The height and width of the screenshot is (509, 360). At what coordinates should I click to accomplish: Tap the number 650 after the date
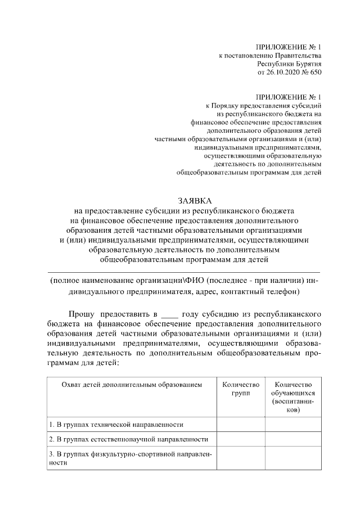point(316,73)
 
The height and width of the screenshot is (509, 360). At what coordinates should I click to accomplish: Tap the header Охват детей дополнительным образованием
point(130,385)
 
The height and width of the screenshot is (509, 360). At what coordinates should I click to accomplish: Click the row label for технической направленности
point(115,424)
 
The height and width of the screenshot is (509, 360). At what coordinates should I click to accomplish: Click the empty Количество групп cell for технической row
point(241,424)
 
